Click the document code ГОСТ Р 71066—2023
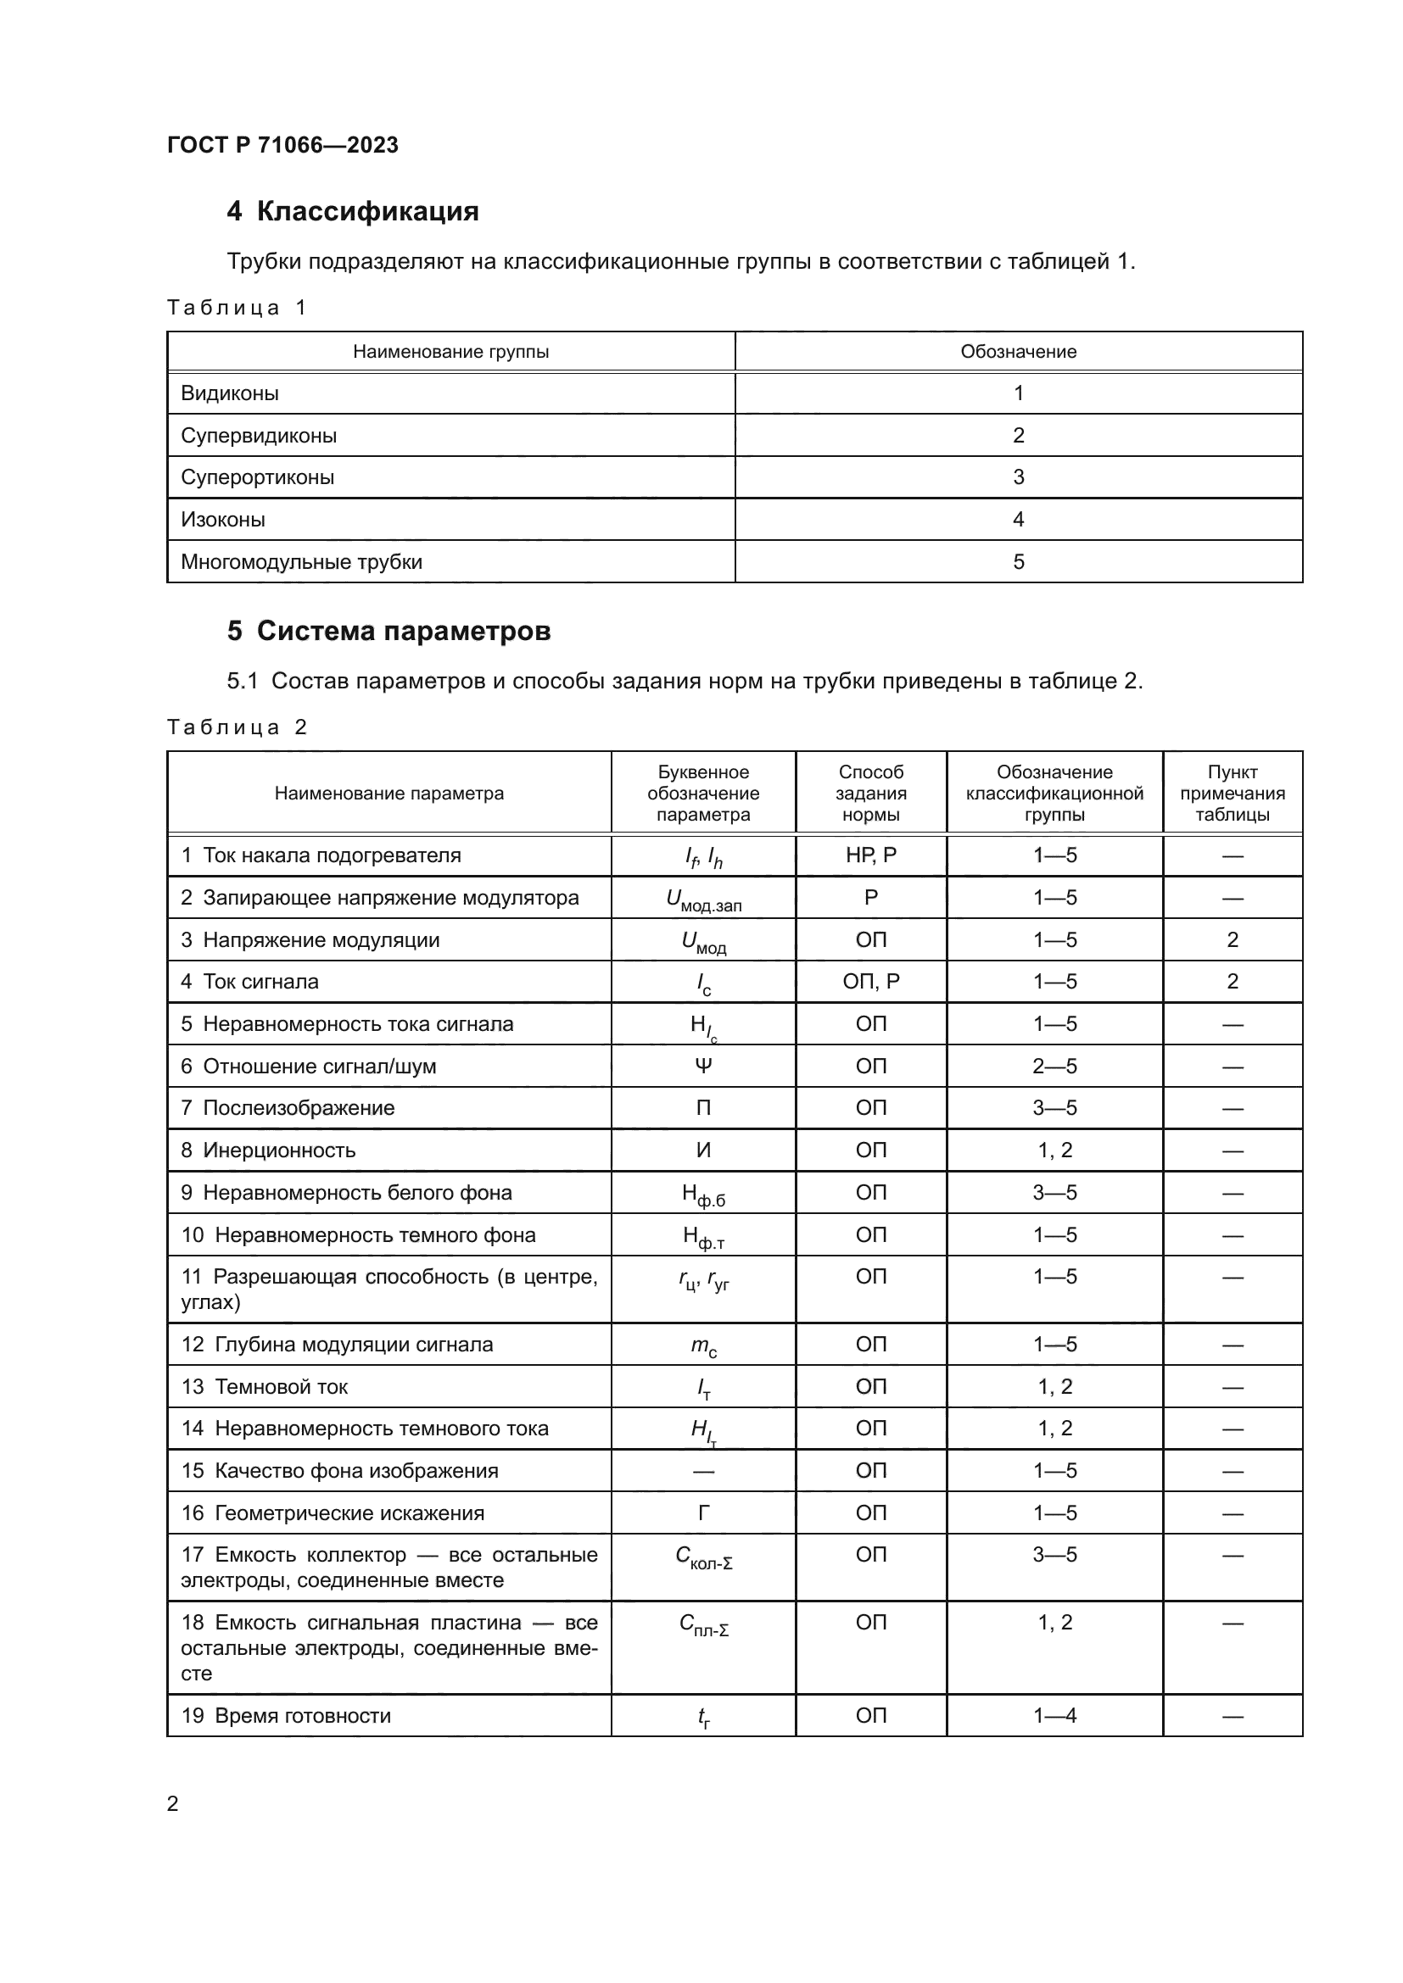[282, 145]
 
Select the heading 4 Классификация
[353, 212]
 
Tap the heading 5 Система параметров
[388, 632]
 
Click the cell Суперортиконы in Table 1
[258, 477]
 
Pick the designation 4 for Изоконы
[1018, 520]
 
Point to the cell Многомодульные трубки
[301, 562]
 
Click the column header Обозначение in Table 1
[1018, 352]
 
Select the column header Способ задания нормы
[871, 793]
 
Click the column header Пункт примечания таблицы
[1232, 793]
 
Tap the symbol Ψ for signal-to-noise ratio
[703, 1067]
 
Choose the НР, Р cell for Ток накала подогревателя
[871, 855]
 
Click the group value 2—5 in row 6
[1054, 1067]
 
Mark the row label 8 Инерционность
[269, 1150]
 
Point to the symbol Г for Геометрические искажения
[703, 1513]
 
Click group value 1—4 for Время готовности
[1054, 1716]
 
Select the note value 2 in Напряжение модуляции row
[1232, 939]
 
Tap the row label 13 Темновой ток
[265, 1387]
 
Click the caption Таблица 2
[237, 727]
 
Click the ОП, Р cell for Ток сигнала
[871, 982]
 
